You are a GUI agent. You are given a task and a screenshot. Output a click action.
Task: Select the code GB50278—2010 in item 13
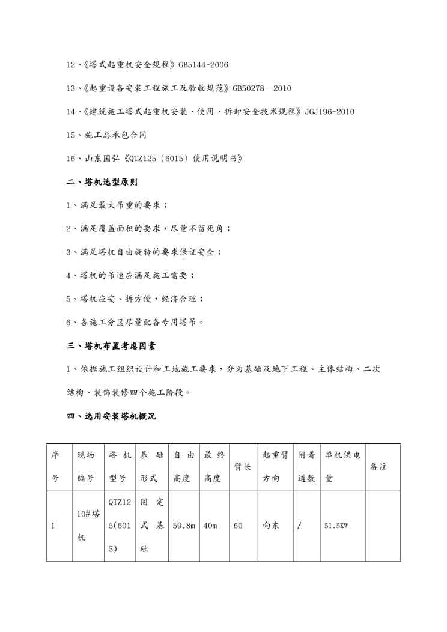coord(262,88)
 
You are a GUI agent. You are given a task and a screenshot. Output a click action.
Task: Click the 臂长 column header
coord(242,467)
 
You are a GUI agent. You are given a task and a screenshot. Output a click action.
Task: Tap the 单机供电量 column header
coord(342,467)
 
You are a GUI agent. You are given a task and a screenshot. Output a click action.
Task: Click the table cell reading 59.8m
coord(184,526)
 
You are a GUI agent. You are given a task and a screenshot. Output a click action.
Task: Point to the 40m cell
coord(210,526)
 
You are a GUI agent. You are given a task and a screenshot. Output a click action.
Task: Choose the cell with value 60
coord(238,526)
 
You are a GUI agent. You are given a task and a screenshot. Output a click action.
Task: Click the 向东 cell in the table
coord(270,526)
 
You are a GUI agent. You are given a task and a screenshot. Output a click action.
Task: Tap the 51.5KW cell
coord(336,526)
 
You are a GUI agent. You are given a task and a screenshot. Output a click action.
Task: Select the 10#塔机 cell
coord(88,526)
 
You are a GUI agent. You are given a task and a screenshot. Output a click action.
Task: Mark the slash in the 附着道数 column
coord(299,526)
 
